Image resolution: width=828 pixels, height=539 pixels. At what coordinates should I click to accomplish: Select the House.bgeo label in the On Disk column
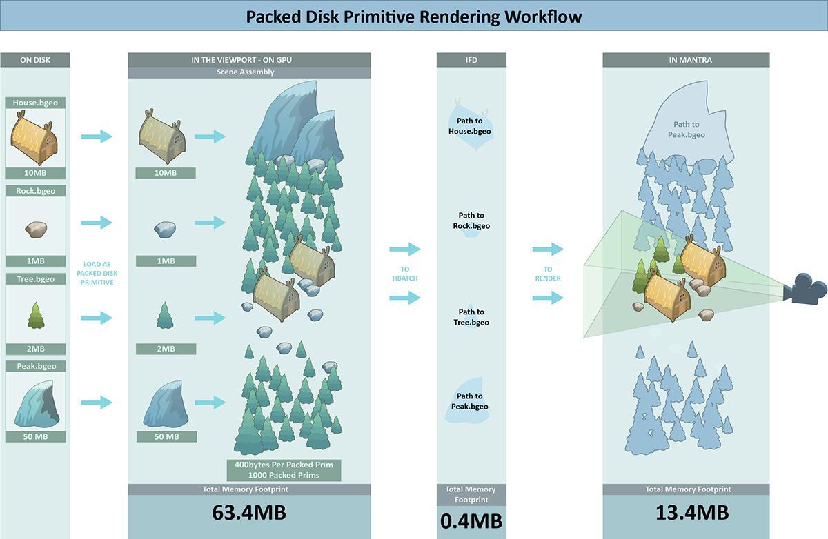coord(35,103)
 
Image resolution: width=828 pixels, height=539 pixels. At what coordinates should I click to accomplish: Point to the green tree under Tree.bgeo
coord(35,316)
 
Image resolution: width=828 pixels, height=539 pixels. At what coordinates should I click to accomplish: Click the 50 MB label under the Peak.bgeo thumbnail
coord(35,436)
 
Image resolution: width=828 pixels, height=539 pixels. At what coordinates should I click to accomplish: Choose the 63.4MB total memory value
coord(248,513)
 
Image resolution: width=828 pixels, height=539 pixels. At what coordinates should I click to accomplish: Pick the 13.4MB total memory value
coord(686,513)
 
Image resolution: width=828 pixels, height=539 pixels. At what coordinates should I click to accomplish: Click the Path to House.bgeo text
coord(471,126)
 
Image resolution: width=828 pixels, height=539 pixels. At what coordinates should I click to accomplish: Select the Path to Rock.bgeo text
coord(471,221)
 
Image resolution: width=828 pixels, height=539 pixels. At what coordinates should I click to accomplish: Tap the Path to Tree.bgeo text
coord(471,317)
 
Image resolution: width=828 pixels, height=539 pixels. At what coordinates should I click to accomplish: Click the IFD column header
coord(471,60)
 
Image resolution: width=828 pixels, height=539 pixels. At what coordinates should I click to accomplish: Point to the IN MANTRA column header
coord(686,60)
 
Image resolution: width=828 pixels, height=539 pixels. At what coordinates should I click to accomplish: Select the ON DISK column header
coord(35,60)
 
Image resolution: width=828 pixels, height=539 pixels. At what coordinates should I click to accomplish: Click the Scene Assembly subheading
coord(248,72)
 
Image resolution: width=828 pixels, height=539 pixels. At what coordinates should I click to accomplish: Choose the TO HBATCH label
coord(404,274)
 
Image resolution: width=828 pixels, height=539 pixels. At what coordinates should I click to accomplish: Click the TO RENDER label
coord(548,274)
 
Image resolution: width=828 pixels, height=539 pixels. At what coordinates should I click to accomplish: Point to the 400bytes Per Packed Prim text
coord(284,465)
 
